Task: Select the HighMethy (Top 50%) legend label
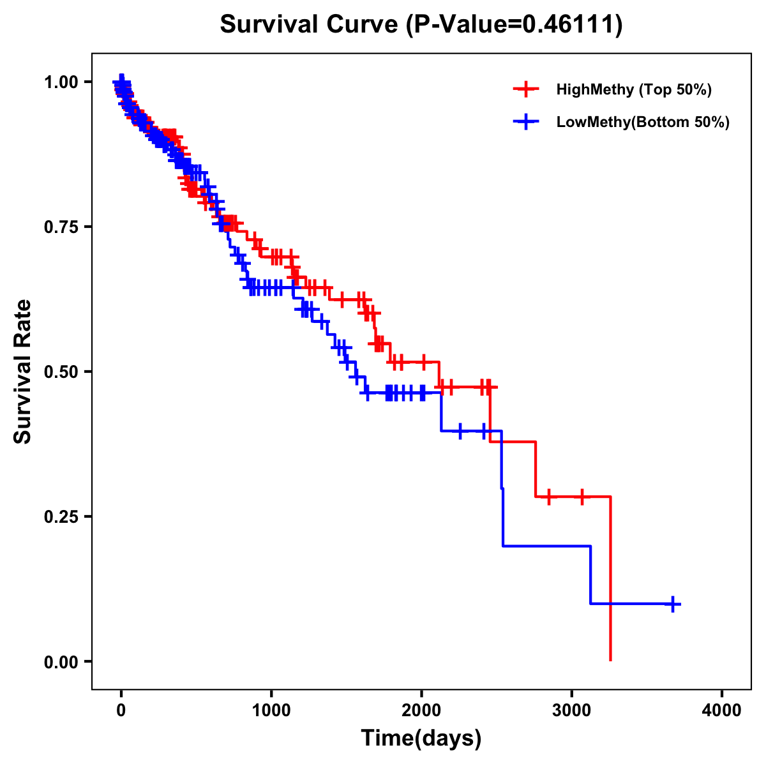pyautogui.click(x=633, y=89)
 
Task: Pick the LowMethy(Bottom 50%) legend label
pyautogui.click(x=642, y=122)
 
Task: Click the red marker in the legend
pyautogui.click(x=526, y=89)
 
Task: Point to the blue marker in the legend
pyautogui.click(x=526, y=122)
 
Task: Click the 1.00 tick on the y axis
pyautogui.click(x=61, y=82)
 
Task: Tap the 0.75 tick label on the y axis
pyautogui.click(x=61, y=227)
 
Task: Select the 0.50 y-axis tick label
pyautogui.click(x=61, y=372)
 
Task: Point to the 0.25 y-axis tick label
pyautogui.click(x=61, y=517)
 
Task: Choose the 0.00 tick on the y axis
pyautogui.click(x=61, y=662)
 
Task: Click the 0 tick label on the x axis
pyautogui.click(x=121, y=710)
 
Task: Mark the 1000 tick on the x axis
pyautogui.click(x=271, y=710)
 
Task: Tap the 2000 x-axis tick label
pyautogui.click(x=421, y=710)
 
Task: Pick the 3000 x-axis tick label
pyautogui.click(x=572, y=710)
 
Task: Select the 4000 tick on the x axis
pyautogui.click(x=722, y=710)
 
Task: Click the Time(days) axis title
pyautogui.click(x=421, y=739)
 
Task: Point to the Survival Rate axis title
pyautogui.click(x=23, y=372)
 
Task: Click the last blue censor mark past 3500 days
pyautogui.click(x=672, y=604)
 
